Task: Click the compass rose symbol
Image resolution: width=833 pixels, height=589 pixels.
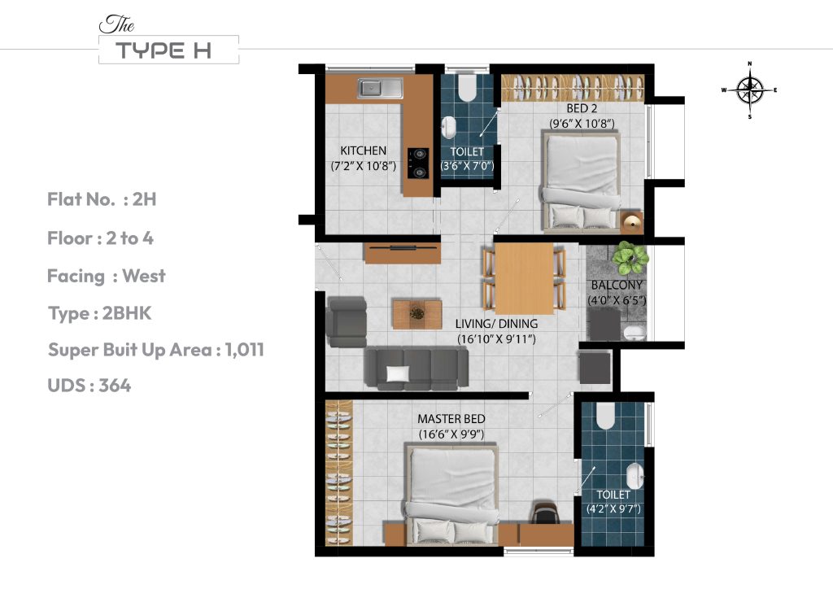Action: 749,90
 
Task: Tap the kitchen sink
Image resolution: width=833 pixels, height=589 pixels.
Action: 380,87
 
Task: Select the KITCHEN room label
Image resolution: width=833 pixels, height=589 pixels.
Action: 363,151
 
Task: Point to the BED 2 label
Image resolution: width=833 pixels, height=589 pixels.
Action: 582,107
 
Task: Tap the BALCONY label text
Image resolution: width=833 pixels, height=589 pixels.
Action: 617,286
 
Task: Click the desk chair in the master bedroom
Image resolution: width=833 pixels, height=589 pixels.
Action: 542,513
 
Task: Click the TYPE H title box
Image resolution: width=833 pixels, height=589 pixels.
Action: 168,50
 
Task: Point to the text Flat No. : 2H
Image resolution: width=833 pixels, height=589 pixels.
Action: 101,199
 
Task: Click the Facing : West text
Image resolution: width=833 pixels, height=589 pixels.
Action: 106,276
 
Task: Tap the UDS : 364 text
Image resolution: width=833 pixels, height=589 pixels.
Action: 89,385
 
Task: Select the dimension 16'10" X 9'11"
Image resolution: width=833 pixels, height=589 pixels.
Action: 495,338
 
